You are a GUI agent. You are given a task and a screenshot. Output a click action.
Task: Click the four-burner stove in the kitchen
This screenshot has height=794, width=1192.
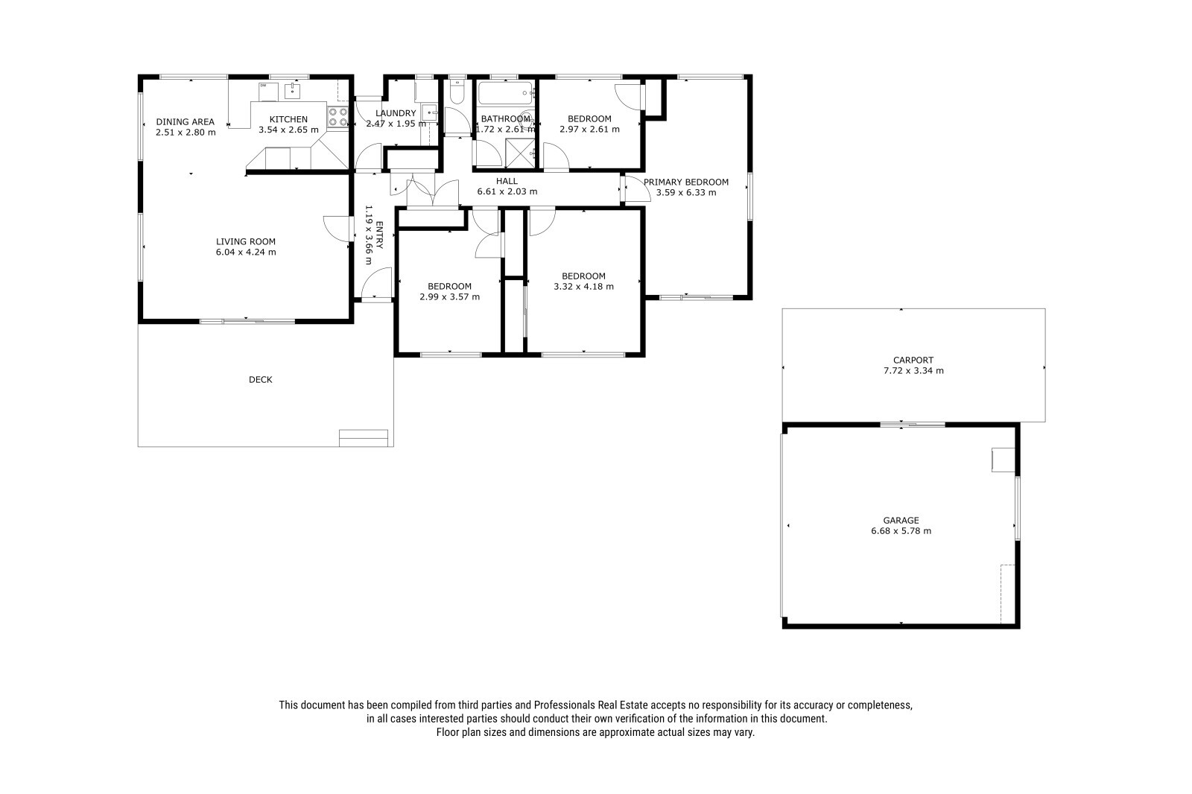tap(337, 117)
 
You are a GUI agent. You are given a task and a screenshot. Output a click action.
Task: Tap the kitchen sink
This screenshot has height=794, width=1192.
tap(292, 91)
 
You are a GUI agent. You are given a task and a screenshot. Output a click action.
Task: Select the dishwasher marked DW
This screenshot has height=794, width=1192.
tap(268, 92)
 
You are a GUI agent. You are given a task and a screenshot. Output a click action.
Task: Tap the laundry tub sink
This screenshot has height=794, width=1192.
tap(429, 112)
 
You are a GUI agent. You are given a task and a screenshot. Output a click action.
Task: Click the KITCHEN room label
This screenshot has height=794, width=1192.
tap(288, 119)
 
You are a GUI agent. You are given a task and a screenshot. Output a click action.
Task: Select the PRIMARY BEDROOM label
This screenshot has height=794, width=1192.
tap(686, 182)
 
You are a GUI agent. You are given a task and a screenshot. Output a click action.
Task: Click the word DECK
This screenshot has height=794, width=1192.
tap(261, 379)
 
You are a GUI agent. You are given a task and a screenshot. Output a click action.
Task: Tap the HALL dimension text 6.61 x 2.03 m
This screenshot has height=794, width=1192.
tap(507, 191)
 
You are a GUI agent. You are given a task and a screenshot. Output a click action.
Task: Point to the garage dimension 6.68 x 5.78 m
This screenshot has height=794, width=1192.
tap(901, 530)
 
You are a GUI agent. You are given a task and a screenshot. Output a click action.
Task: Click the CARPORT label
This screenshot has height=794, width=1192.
tap(913, 361)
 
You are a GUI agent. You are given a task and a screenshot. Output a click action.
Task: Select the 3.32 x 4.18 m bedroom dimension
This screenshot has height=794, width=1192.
tap(584, 286)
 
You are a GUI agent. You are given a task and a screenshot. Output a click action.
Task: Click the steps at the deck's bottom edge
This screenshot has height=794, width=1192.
tap(364, 438)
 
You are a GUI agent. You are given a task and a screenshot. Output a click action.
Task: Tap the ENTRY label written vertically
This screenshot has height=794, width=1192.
tap(379, 235)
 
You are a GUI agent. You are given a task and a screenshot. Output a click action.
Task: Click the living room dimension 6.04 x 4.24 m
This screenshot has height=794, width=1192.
tap(246, 253)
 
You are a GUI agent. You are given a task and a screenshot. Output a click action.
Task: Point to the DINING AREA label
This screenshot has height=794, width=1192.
tap(186, 122)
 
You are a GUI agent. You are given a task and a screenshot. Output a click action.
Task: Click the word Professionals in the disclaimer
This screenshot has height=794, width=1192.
tap(564, 705)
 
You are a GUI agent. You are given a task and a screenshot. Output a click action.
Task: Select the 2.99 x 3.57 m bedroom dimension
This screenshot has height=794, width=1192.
tap(450, 297)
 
